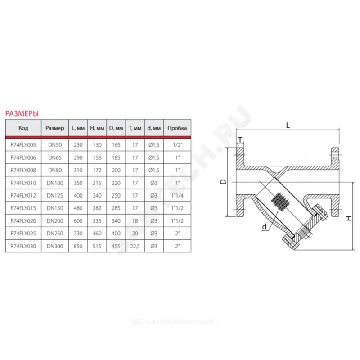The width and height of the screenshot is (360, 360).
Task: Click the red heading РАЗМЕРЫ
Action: [22, 113]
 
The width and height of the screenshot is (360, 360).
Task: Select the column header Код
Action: [23, 128]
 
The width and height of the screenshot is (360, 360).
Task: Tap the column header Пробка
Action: [177, 128]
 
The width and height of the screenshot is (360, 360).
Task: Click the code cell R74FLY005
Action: [23, 145]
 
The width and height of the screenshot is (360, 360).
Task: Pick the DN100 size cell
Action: [55, 183]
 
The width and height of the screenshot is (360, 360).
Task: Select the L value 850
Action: [78, 246]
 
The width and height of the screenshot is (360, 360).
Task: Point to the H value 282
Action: [97, 208]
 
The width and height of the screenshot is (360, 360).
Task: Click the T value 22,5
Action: [135, 246]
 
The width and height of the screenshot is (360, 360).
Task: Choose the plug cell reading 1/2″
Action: [177, 145]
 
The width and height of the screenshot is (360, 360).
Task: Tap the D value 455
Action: [116, 246]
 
